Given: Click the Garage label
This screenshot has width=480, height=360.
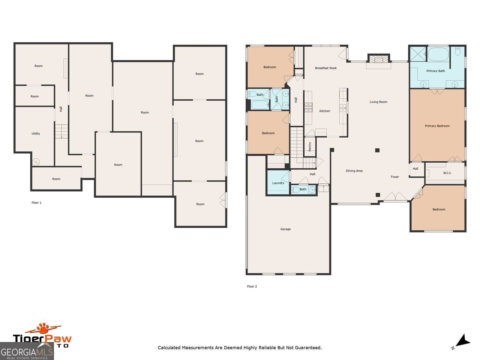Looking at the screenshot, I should [285, 229].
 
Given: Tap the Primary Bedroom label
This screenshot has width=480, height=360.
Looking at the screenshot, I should [437, 126].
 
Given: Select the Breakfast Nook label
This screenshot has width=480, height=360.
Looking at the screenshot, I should [325, 68].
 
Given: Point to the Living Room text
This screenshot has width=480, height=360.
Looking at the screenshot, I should [378, 102].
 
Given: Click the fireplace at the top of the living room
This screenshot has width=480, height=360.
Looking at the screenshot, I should [379, 59].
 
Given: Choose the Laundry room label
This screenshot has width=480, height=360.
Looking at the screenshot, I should [278, 183].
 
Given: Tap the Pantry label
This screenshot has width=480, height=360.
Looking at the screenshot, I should [310, 147].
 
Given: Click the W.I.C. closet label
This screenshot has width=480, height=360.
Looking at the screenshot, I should [447, 173].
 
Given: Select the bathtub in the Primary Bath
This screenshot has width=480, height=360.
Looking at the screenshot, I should [438, 55].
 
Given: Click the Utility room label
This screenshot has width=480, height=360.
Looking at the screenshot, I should [36, 133].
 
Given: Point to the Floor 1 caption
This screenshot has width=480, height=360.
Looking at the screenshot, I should [36, 202].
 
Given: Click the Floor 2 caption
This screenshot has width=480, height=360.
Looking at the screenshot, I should [252, 286].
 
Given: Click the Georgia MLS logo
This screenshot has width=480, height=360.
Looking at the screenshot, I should [27, 352].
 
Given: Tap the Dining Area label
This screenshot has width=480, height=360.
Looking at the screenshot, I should [354, 171].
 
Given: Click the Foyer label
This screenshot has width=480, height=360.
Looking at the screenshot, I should [395, 177].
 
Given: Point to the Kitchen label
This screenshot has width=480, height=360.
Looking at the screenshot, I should [325, 111].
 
